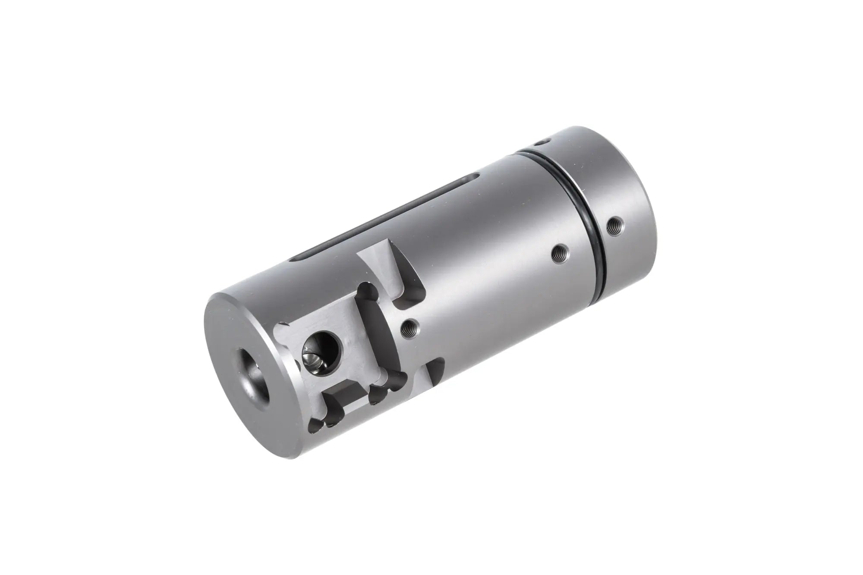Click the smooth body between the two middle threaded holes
coord(483,293)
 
